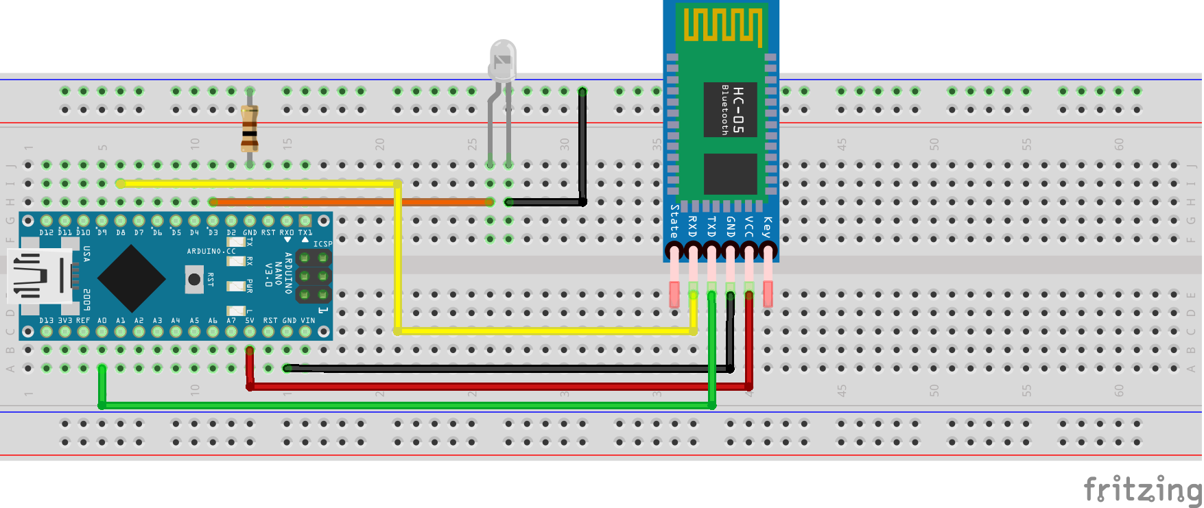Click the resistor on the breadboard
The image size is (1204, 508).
click(250, 128)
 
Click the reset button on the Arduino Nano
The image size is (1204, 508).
click(194, 279)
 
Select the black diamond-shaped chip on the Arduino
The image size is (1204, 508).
click(131, 278)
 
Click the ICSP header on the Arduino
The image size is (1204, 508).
click(313, 276)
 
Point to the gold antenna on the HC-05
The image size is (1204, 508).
click(722, 26)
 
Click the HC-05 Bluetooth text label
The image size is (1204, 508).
click(731, 110)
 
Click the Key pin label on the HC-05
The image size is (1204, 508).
click(767, 226)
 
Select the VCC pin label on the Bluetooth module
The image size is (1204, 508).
click(748, 226)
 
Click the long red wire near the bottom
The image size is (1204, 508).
click(480, 387)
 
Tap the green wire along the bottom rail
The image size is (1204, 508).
click(412, 406)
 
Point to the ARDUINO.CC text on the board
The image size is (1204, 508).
click(211, 252)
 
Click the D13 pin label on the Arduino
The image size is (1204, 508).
click(46, 321)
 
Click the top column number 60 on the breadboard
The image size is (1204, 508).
click(1119, 144)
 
